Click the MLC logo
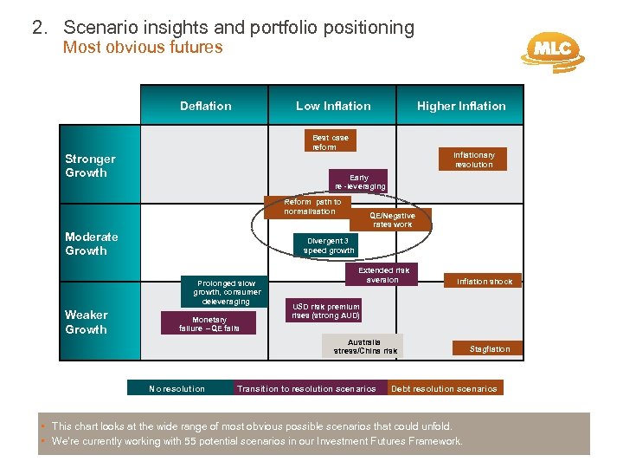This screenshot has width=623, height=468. click(x=551, y=50)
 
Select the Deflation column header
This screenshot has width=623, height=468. click(x=205, y=106)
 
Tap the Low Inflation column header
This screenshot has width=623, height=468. click(x=333, y=106)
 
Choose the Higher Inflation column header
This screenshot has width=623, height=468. click(x=461, y=106)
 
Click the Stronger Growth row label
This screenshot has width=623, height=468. click(x=90, y=166)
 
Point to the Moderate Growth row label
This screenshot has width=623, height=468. click(x=92, y=244)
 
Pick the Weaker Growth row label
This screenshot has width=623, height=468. click(x=87, y=322)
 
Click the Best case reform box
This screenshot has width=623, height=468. click(x=330, y=142)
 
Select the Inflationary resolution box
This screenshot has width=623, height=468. click(x=473, y=159)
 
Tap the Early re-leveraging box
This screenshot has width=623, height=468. click(x=359, y=181)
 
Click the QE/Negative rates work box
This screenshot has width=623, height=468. click(x=392, y=220)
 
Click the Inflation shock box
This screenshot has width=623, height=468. click(x=485, y=282)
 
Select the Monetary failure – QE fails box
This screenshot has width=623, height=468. click(x=209, y=324)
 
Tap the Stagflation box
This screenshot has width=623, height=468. click(x=490, y=349)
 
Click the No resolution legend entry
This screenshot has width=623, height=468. click(x=177, y=388)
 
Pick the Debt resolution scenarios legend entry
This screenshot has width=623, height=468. click(x=444, y=388)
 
